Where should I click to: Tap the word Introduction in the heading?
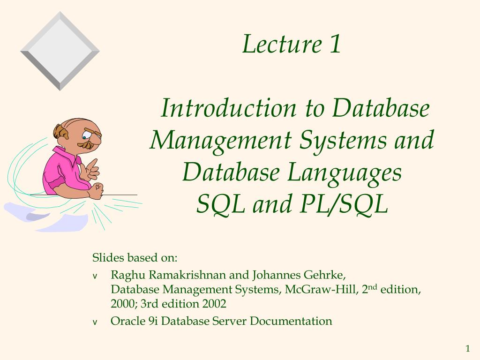coord(228,108)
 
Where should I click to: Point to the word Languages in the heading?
coord(344,173)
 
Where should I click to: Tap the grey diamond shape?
coord(60,51)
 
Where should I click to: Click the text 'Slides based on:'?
coord(135,258)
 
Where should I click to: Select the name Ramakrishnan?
coord(187,275)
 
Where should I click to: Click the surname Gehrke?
coord(324,275)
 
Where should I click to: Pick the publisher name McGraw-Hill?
coord(322,289)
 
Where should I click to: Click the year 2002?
coord(214,304)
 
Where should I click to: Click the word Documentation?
coord(291,321)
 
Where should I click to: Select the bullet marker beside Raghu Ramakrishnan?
coord(95,276)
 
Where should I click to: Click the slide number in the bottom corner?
coord(467,348)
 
